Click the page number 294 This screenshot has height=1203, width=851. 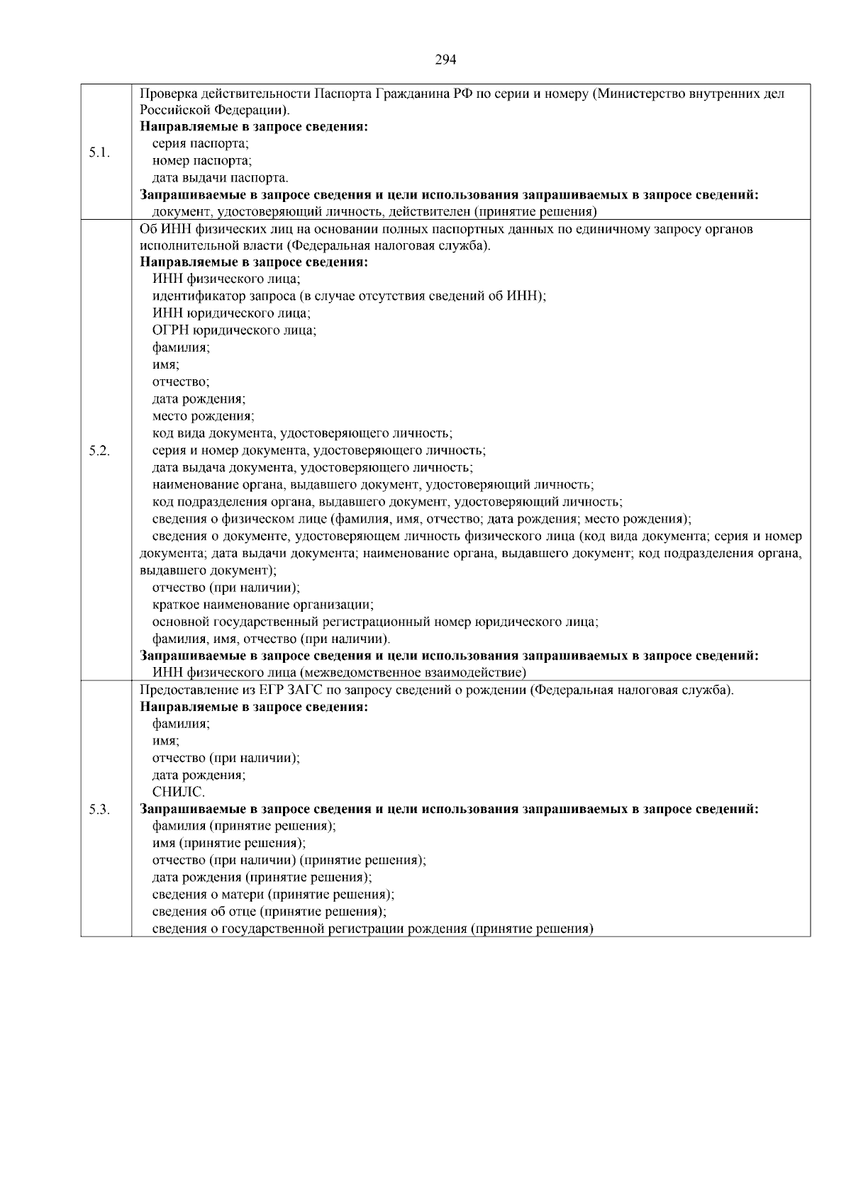click(x=445, y=60)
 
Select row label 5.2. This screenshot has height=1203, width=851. click(x=99, y=451)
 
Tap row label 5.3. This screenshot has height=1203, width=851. click(x=99, y=810)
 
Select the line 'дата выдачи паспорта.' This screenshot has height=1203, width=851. click(x=221, y=178)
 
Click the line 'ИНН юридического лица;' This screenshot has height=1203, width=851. click(x=231, y=313)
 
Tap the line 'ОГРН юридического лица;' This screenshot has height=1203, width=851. click(x=234, y=330)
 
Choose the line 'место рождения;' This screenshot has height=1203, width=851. click(x=203, y=416)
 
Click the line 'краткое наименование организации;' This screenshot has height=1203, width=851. click(x=263, y=605)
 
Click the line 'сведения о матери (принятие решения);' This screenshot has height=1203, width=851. click(x=273, y=895)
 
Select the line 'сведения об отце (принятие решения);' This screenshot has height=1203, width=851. click(x=269, y=912)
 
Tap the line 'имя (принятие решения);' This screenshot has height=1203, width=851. click(x=229, y=844)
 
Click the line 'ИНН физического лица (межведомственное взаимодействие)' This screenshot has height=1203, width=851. click(x=339, y=673)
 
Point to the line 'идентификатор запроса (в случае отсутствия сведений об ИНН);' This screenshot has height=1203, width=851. click(x=349, y=296)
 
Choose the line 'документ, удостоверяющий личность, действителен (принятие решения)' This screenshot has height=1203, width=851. click(x=374, y=212)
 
